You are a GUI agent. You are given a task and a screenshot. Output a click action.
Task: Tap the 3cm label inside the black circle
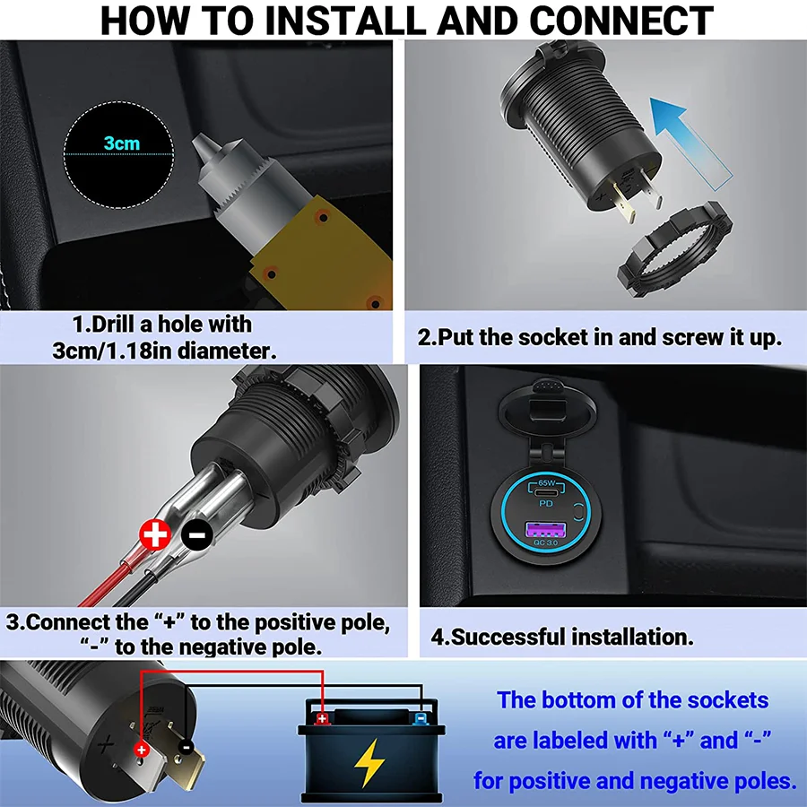click(121, 143)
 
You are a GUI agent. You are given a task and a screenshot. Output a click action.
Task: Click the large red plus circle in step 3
click(156, 535)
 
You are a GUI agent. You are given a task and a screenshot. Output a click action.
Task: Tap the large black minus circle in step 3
click(196, 535)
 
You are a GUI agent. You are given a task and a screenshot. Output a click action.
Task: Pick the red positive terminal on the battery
click(322, 717)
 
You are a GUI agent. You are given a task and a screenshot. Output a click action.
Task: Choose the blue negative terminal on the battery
click(420, 718)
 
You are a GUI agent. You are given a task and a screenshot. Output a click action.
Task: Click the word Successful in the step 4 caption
click(521, 638)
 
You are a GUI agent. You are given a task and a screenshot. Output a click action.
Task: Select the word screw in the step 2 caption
click(697, 337)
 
